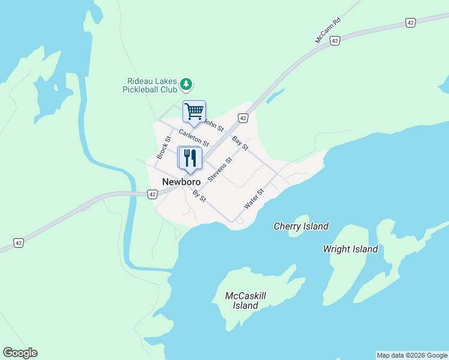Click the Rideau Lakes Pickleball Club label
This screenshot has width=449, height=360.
click(152, 85)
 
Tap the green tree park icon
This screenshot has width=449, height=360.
click(187, 83)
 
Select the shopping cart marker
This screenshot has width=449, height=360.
click(194, 111)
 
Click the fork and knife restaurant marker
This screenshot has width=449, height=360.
click(190, 158)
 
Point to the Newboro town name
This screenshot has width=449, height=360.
click(181, 181)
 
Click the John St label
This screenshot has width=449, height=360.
click(214, 125)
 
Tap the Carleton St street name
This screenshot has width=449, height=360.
click(194, 139)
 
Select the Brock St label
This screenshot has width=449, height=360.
click(164, 148)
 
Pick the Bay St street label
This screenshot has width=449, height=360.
click(240, 143)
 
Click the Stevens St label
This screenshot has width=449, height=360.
click(220, 170)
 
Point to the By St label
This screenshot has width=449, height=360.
click(199, 195)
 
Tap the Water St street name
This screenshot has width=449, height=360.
click(254, 199)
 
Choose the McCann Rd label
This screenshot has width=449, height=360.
click(328, 30)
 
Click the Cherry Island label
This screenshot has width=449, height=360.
click(301, 226)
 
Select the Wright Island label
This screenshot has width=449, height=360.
click(350, 249)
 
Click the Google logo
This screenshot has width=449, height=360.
click(20, 353)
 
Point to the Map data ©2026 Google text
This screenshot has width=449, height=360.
click(412, 355)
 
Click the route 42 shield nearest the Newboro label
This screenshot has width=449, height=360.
click(152, 194)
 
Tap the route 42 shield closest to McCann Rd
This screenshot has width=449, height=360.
click(335, 40)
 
